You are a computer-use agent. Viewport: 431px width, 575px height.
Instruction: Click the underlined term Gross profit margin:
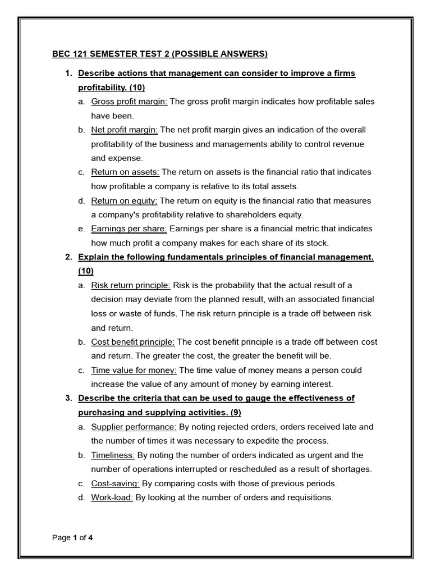tap(125, 102)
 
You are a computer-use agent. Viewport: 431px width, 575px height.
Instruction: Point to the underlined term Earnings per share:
tap(129, 229)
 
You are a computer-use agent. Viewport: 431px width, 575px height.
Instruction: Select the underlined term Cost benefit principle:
tap(133, 341)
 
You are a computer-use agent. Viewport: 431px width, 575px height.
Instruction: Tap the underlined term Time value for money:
tap(134, 370)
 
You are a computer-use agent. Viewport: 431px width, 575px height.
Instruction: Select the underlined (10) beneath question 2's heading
tap(86, 271)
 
